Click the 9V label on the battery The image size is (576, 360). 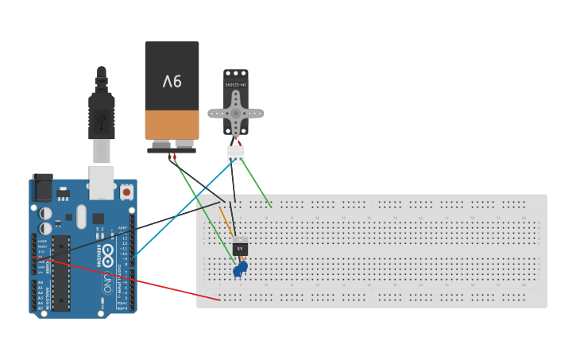172,81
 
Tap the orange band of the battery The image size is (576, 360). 172,125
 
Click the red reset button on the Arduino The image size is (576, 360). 126,192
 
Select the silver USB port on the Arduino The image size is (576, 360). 101,182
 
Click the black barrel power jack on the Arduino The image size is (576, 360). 42,188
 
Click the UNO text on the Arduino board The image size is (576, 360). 108,282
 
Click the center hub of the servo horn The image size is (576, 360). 235,113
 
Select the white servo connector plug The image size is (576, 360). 236,153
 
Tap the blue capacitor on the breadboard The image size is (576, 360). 240,269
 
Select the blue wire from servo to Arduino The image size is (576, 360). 183,209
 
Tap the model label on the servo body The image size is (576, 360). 236,83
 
